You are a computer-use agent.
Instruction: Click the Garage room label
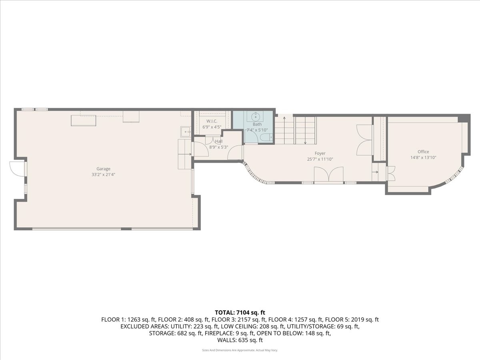(103, 169)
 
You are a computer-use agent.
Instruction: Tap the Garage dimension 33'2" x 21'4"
(103, 175)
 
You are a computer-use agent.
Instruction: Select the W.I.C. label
(212, 121)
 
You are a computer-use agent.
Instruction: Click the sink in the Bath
(255, 117)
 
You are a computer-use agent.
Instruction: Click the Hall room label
(219, 142)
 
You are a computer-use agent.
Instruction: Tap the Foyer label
(320, 154)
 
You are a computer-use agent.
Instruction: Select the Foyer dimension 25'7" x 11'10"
(320, 159)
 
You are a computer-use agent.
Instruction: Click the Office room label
(423, 152)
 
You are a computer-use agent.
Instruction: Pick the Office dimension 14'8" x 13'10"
(423, 158)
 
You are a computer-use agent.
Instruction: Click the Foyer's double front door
(329, 174)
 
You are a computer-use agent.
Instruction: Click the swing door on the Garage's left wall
(18, 169)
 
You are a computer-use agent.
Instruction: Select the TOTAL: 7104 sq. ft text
(240, 312)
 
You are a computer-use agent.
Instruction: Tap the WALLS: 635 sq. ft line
(240, 340)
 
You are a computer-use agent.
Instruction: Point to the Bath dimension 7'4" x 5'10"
(257, 130)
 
